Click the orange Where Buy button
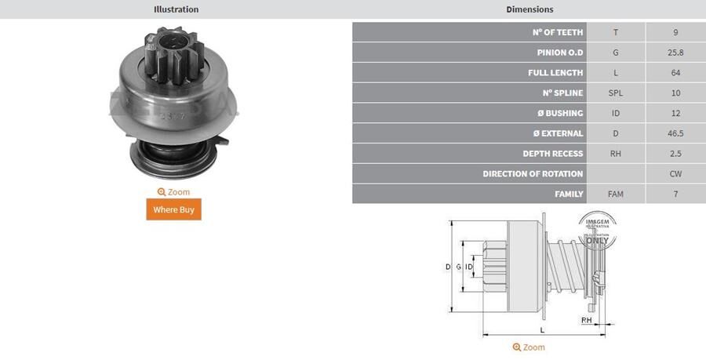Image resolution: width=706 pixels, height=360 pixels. click(x=173, y=209)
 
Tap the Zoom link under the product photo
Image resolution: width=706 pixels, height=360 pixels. click(x=173, y=191)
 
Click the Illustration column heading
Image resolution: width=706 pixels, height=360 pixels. click(x=176, y=9)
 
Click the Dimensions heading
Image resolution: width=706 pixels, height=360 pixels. click(x=529, y=9)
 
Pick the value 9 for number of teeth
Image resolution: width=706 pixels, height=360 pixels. click(x=675, y=32)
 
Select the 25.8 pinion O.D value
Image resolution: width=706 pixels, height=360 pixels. click(x=675, y=53)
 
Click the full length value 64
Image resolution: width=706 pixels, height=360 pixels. click(x=675, y=73)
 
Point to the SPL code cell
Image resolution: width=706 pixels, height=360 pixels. click(x=616, y=93)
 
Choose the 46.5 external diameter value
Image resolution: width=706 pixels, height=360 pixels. click(x=675, y=133)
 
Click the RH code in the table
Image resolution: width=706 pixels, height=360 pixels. click(x=616, y=154)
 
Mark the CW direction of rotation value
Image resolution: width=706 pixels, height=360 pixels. click(x=675, y=174)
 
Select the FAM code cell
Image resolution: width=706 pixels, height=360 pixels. click(x=616, y=194)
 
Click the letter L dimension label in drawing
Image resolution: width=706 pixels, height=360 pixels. click(x=541, y=330)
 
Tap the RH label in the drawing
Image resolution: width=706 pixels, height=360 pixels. click(x=586, y=321)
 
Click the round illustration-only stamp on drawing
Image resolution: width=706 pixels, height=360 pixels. click(x=597, y=230)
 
